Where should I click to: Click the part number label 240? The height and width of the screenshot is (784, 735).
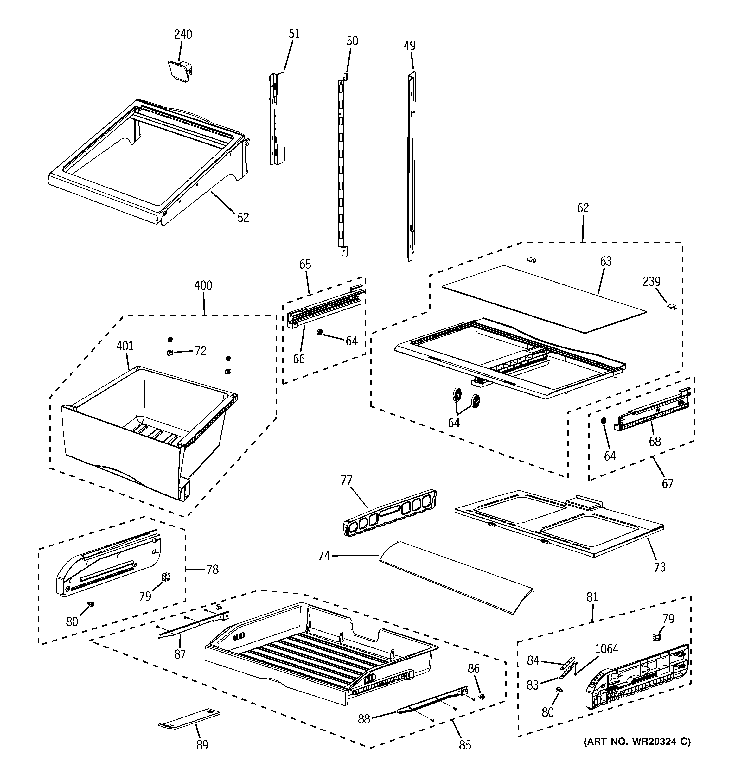[x=183, y=35]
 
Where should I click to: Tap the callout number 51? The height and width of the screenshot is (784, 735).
[x=294, y=34]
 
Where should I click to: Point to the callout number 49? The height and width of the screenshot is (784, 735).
[x=410, y=46]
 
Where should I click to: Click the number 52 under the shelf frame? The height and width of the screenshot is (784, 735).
[x=243, y=217]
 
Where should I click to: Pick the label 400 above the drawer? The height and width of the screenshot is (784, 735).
[x=203, y=285]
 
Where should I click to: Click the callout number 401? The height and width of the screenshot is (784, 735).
[x=125, y=346]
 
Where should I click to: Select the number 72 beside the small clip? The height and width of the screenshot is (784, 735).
[x=201, y=351]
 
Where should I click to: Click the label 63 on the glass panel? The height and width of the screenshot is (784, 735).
[x=606, y=261]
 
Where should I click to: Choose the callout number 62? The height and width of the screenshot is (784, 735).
[x=583, y=208]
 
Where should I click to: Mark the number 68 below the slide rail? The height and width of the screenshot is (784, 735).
[x=655, y=442]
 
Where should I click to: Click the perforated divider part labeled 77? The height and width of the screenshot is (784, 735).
[x=391, y=512]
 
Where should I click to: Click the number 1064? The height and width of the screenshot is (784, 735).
[x=606, y=649]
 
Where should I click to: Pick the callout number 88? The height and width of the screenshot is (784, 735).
[x=364, y=719]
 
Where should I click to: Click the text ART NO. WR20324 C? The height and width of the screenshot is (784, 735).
[x=637, y=742]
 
